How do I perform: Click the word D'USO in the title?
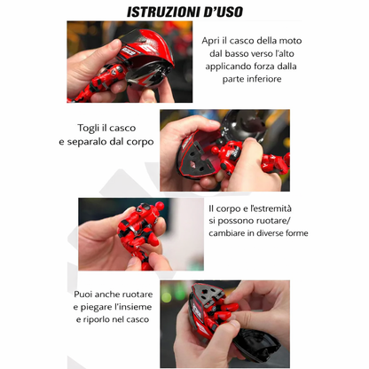224,12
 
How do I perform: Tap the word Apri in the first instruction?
210,41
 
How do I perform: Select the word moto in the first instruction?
290,41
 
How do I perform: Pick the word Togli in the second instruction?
88,129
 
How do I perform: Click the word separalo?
87,142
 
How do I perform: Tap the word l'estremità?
271,208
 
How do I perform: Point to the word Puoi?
83,294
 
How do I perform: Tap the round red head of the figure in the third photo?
160,205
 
